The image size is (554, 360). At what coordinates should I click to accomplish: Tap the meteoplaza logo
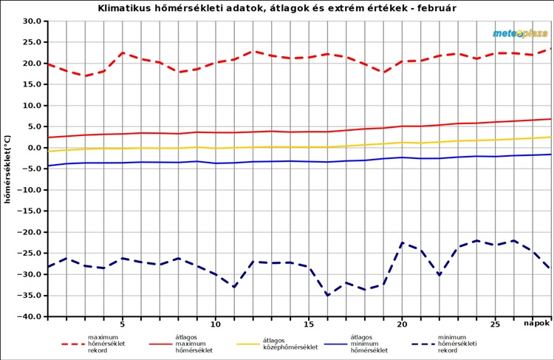pos(520,33)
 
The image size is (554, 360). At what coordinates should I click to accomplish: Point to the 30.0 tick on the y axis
pos(31,21)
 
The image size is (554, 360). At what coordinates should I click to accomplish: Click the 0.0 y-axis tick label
pos(34,148)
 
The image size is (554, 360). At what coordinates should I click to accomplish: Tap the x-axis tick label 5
pos(123,324)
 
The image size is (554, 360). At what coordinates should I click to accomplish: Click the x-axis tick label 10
pos(216,324)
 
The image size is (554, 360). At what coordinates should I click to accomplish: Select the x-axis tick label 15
pos(309,324)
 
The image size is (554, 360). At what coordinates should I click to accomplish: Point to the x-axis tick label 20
pos(402,324)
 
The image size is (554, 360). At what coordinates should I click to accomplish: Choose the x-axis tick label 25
pos(496,324)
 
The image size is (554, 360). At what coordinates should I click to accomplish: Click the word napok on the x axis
pos(537,324)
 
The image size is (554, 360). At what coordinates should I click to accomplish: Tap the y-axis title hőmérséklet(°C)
pos(8,169)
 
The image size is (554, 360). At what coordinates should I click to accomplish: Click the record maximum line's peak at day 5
pos(123,53)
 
